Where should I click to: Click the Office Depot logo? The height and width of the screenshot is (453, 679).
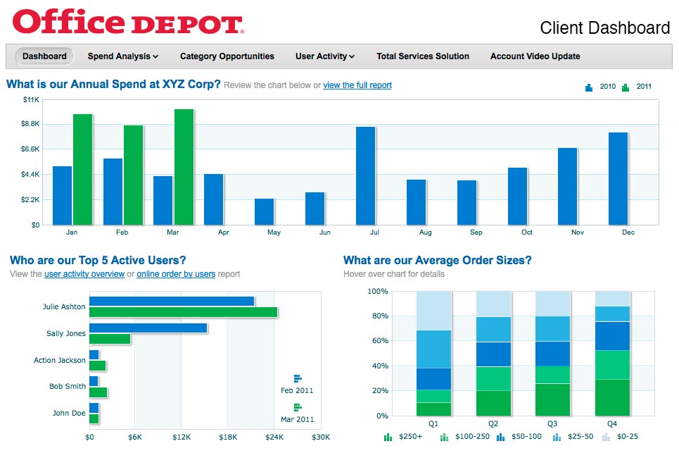point(128,22)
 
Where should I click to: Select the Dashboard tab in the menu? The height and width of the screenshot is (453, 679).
point(44,56)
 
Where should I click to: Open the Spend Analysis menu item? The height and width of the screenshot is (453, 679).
point(122,56)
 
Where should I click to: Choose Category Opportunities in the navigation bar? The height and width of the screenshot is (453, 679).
point(227,56)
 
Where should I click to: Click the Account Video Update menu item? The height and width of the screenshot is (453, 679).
point(535,56)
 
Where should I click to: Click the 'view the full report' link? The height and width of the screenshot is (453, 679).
point(357,85)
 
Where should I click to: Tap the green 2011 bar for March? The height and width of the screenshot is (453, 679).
point(184,167)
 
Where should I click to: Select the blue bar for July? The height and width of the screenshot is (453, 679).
point(365,175)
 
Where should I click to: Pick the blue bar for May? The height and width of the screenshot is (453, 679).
point(264,211)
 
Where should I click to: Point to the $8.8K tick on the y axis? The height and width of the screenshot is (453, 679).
point(30,124)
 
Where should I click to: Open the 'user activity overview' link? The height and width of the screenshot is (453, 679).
point(84,274)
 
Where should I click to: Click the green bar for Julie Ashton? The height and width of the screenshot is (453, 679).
point(183,312)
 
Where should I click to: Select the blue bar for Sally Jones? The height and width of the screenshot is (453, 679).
point(148,328)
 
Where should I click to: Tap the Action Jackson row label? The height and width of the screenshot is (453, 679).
point(59,361)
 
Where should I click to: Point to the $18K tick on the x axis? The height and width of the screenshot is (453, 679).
point(227,438)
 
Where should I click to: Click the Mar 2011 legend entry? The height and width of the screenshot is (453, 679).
point(297,414)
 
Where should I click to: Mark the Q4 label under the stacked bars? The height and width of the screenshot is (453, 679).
point(611,424)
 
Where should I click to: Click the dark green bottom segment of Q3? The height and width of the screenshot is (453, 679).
point(552,399)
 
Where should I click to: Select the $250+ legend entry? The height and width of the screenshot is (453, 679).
point(403,438)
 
